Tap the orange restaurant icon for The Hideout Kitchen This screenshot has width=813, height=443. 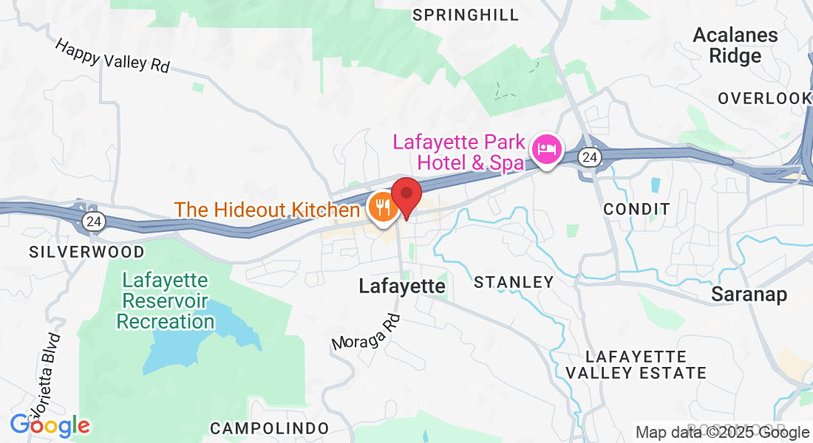(381, 207)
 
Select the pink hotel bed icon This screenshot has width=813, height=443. (547, 149)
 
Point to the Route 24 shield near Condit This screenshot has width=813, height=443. (589, 157)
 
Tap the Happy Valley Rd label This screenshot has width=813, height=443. (112, 55)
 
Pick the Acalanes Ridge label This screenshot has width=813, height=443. (735, 45)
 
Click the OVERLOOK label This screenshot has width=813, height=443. (764, 98)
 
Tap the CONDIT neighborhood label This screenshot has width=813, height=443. (636, 209)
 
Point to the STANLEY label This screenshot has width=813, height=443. (514, 282)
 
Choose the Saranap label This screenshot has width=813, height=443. (749, 294)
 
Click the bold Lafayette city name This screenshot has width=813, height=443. (402, 286)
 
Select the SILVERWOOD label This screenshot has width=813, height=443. (87, 252)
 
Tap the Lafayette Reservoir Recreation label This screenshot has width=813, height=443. (166, 301)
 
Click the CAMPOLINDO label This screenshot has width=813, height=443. (269, 428)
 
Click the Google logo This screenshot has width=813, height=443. (50, 425)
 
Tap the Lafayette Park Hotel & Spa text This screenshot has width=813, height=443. (459, 151)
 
